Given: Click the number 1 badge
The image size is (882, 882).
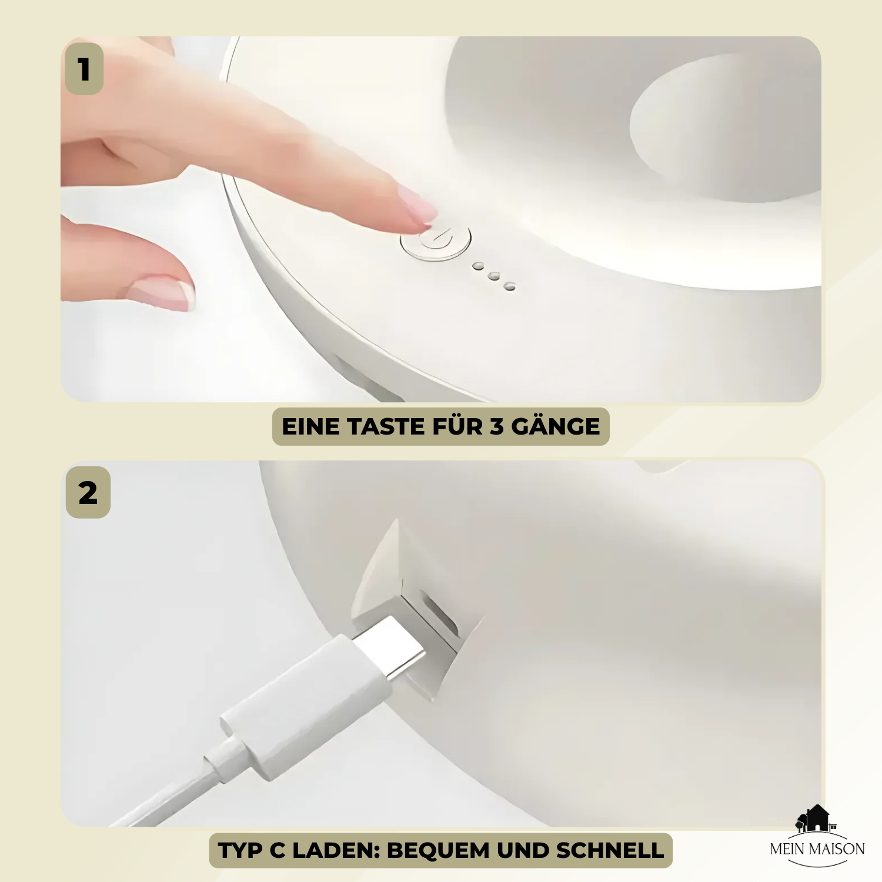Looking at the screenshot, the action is pos(84,69).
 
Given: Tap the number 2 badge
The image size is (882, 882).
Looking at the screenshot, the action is pos(88,492).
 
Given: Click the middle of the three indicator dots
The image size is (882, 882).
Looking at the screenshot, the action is pos(494,276).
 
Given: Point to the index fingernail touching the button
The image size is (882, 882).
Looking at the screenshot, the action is pos(417,205).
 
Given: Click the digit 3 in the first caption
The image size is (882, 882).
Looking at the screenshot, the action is pos(497,426).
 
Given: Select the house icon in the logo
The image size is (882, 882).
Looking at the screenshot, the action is pos(816,818).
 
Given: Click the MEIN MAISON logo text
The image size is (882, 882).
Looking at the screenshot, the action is pos(817,848).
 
